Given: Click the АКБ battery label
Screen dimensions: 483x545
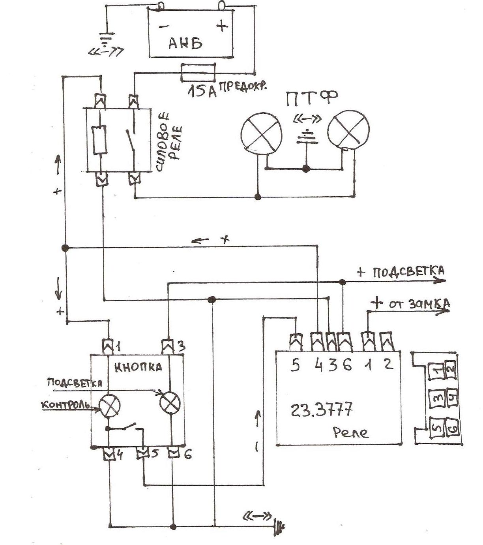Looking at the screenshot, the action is point(185,43).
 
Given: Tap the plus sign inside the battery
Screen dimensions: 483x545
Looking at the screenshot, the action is point(222,26).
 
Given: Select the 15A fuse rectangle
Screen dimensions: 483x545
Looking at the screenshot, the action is point(198,72).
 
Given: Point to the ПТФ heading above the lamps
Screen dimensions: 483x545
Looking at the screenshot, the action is point(311,99).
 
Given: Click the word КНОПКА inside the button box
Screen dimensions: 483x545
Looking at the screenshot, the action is point(138,367).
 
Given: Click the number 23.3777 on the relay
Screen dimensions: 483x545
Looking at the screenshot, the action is point(321,409).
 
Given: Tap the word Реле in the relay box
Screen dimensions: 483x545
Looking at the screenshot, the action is point(350,433).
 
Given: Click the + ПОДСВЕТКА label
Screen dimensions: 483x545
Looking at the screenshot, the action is point(401,272).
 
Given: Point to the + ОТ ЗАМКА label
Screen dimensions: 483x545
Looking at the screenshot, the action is point(410,303).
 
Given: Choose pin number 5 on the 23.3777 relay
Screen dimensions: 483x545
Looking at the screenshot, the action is point(295,365).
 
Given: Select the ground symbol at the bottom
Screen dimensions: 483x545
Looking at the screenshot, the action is point(279,524).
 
